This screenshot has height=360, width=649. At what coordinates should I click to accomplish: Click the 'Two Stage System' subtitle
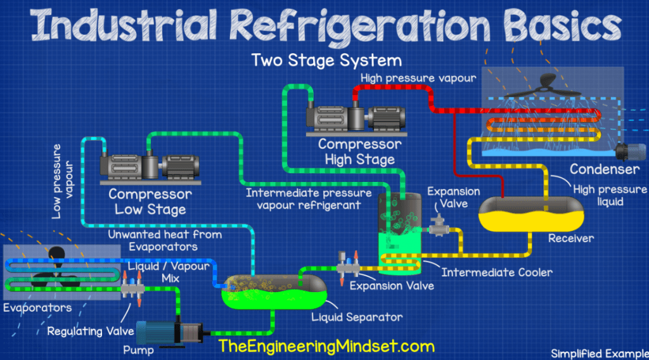tap(326, 61)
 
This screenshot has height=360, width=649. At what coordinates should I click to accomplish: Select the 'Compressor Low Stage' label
tap(150, 202)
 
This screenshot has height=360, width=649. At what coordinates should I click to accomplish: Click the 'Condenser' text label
tap(604, 169)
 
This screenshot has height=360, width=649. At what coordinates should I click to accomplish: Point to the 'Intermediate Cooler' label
tap(498, 273)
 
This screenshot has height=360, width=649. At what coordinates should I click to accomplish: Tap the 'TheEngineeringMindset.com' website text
tap(326, 346)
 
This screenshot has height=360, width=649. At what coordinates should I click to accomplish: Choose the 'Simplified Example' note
tap(596, 353)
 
